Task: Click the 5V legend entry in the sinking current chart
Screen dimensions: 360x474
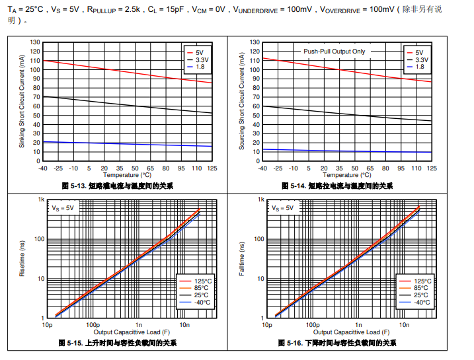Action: pyautogui.click(x=198, y=52)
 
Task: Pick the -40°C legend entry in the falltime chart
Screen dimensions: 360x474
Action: pyautogui.click(x=422, y=303)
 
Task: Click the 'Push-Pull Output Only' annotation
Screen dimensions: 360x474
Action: pyautogui.click(x=333, y=52)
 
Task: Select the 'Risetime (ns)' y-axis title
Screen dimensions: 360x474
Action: pyautogui.click(x=22, y=258)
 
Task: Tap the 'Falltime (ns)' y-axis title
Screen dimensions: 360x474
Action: pyautogui.click(x=242, y=258)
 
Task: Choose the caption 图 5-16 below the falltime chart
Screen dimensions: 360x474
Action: pyautogui.click(x=338, y=343)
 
